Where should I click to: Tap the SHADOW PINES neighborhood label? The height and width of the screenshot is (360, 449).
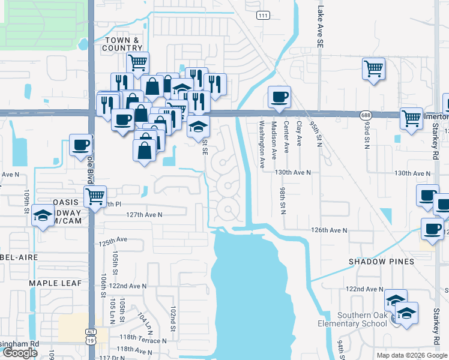382,262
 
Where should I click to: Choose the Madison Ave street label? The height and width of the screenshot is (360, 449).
274,140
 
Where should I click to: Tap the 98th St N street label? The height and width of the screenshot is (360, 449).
283,198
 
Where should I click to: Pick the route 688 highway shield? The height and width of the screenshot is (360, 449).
365,115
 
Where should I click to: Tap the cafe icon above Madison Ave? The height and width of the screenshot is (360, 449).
279,97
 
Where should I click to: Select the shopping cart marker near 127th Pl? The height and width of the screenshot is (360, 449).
95,196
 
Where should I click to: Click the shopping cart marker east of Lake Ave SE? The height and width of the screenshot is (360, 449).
373,68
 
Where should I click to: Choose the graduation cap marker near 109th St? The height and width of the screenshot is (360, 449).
43,216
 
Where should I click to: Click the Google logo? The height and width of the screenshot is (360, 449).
20,353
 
